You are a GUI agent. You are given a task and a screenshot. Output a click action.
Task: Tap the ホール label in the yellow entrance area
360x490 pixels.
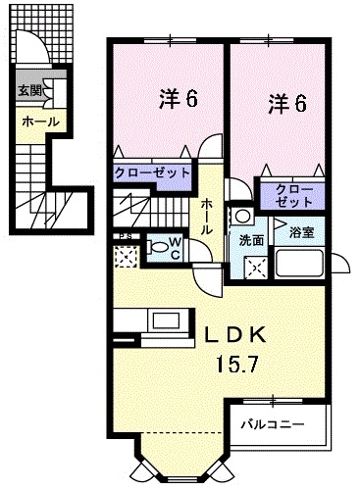[x=39, y=122]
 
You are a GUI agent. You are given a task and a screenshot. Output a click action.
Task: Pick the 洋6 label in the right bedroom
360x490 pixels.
[x=283, y=101]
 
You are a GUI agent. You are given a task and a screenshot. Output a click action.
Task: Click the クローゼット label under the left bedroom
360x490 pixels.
[x=151, y=172]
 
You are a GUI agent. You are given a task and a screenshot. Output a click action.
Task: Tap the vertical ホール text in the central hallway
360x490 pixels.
[x=208, y=215]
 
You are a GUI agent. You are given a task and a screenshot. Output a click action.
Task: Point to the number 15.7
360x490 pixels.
[x=237, y=366]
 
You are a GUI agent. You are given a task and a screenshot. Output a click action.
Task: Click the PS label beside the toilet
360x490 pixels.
[x=124, y=236]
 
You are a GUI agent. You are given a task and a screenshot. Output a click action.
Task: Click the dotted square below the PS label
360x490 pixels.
[x=126, y=257]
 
